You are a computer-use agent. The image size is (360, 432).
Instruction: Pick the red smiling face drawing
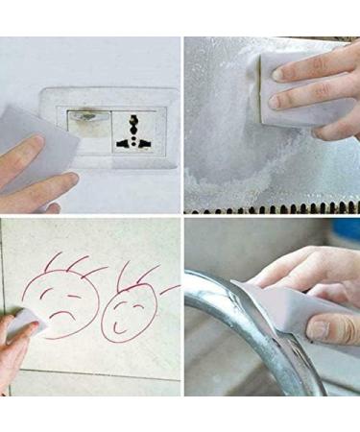(x=126, y=307)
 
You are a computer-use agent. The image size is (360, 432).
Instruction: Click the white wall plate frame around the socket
(x=106, y=96)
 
